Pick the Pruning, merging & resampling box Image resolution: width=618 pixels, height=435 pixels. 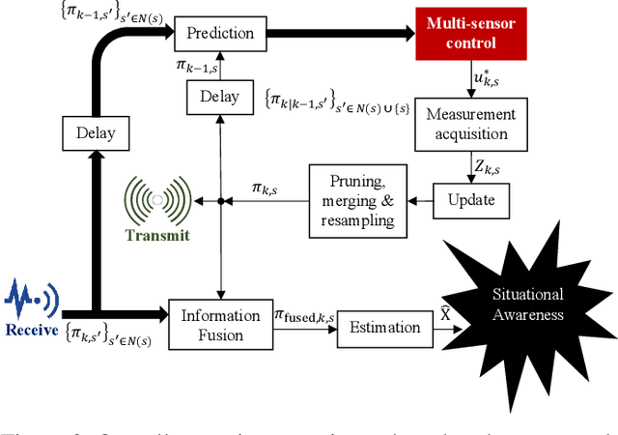tap(357, 201)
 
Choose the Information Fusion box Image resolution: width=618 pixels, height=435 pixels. tap(221, 326)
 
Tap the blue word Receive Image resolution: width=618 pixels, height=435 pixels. tap(31, 331)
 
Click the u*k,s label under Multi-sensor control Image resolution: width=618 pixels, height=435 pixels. tap(483, 78)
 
